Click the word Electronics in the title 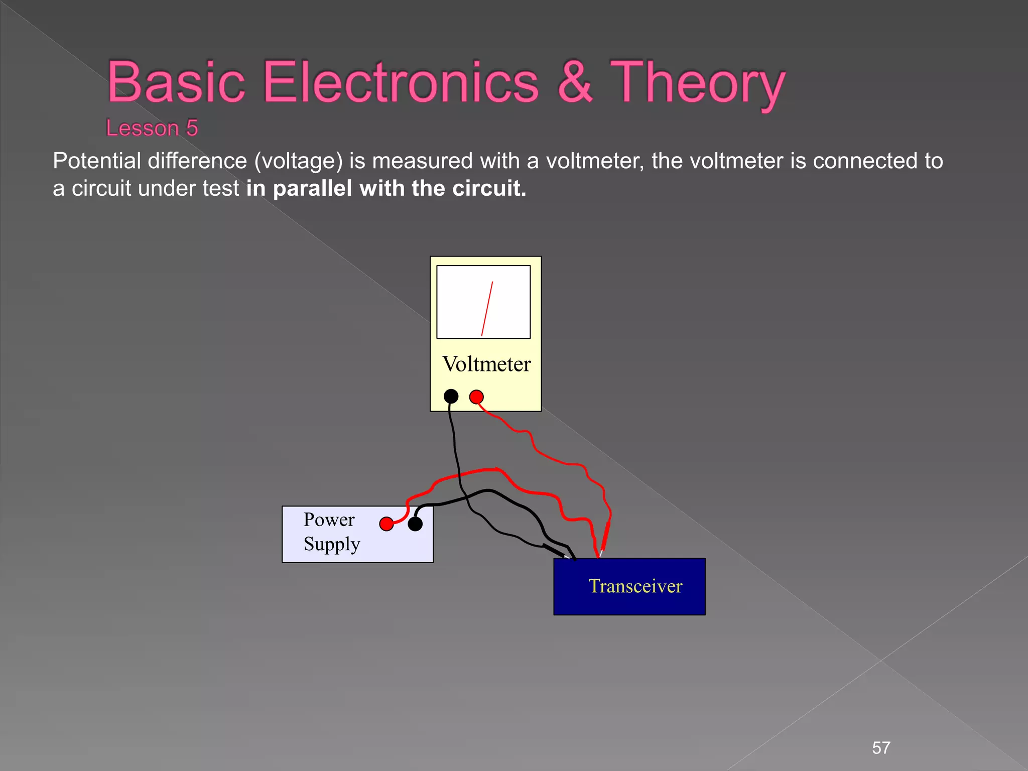401,82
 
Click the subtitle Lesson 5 152,128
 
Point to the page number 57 881,748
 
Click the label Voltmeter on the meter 486,364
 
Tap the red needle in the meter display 487,308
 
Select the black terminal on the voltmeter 451,397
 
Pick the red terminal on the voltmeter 476,397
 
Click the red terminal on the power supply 387,524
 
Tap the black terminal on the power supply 415,524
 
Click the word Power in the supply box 329,520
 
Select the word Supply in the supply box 332,545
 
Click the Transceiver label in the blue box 635,586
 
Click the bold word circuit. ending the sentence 489,189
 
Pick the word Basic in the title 176,82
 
